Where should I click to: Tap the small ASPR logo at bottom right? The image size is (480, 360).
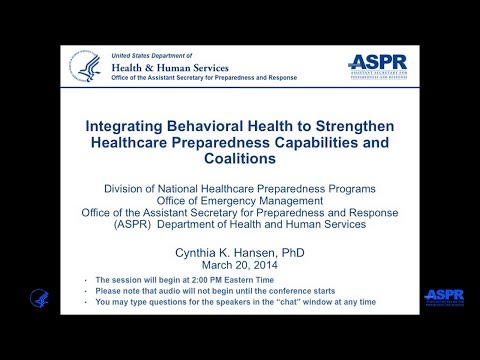click(x=444, y=297)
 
